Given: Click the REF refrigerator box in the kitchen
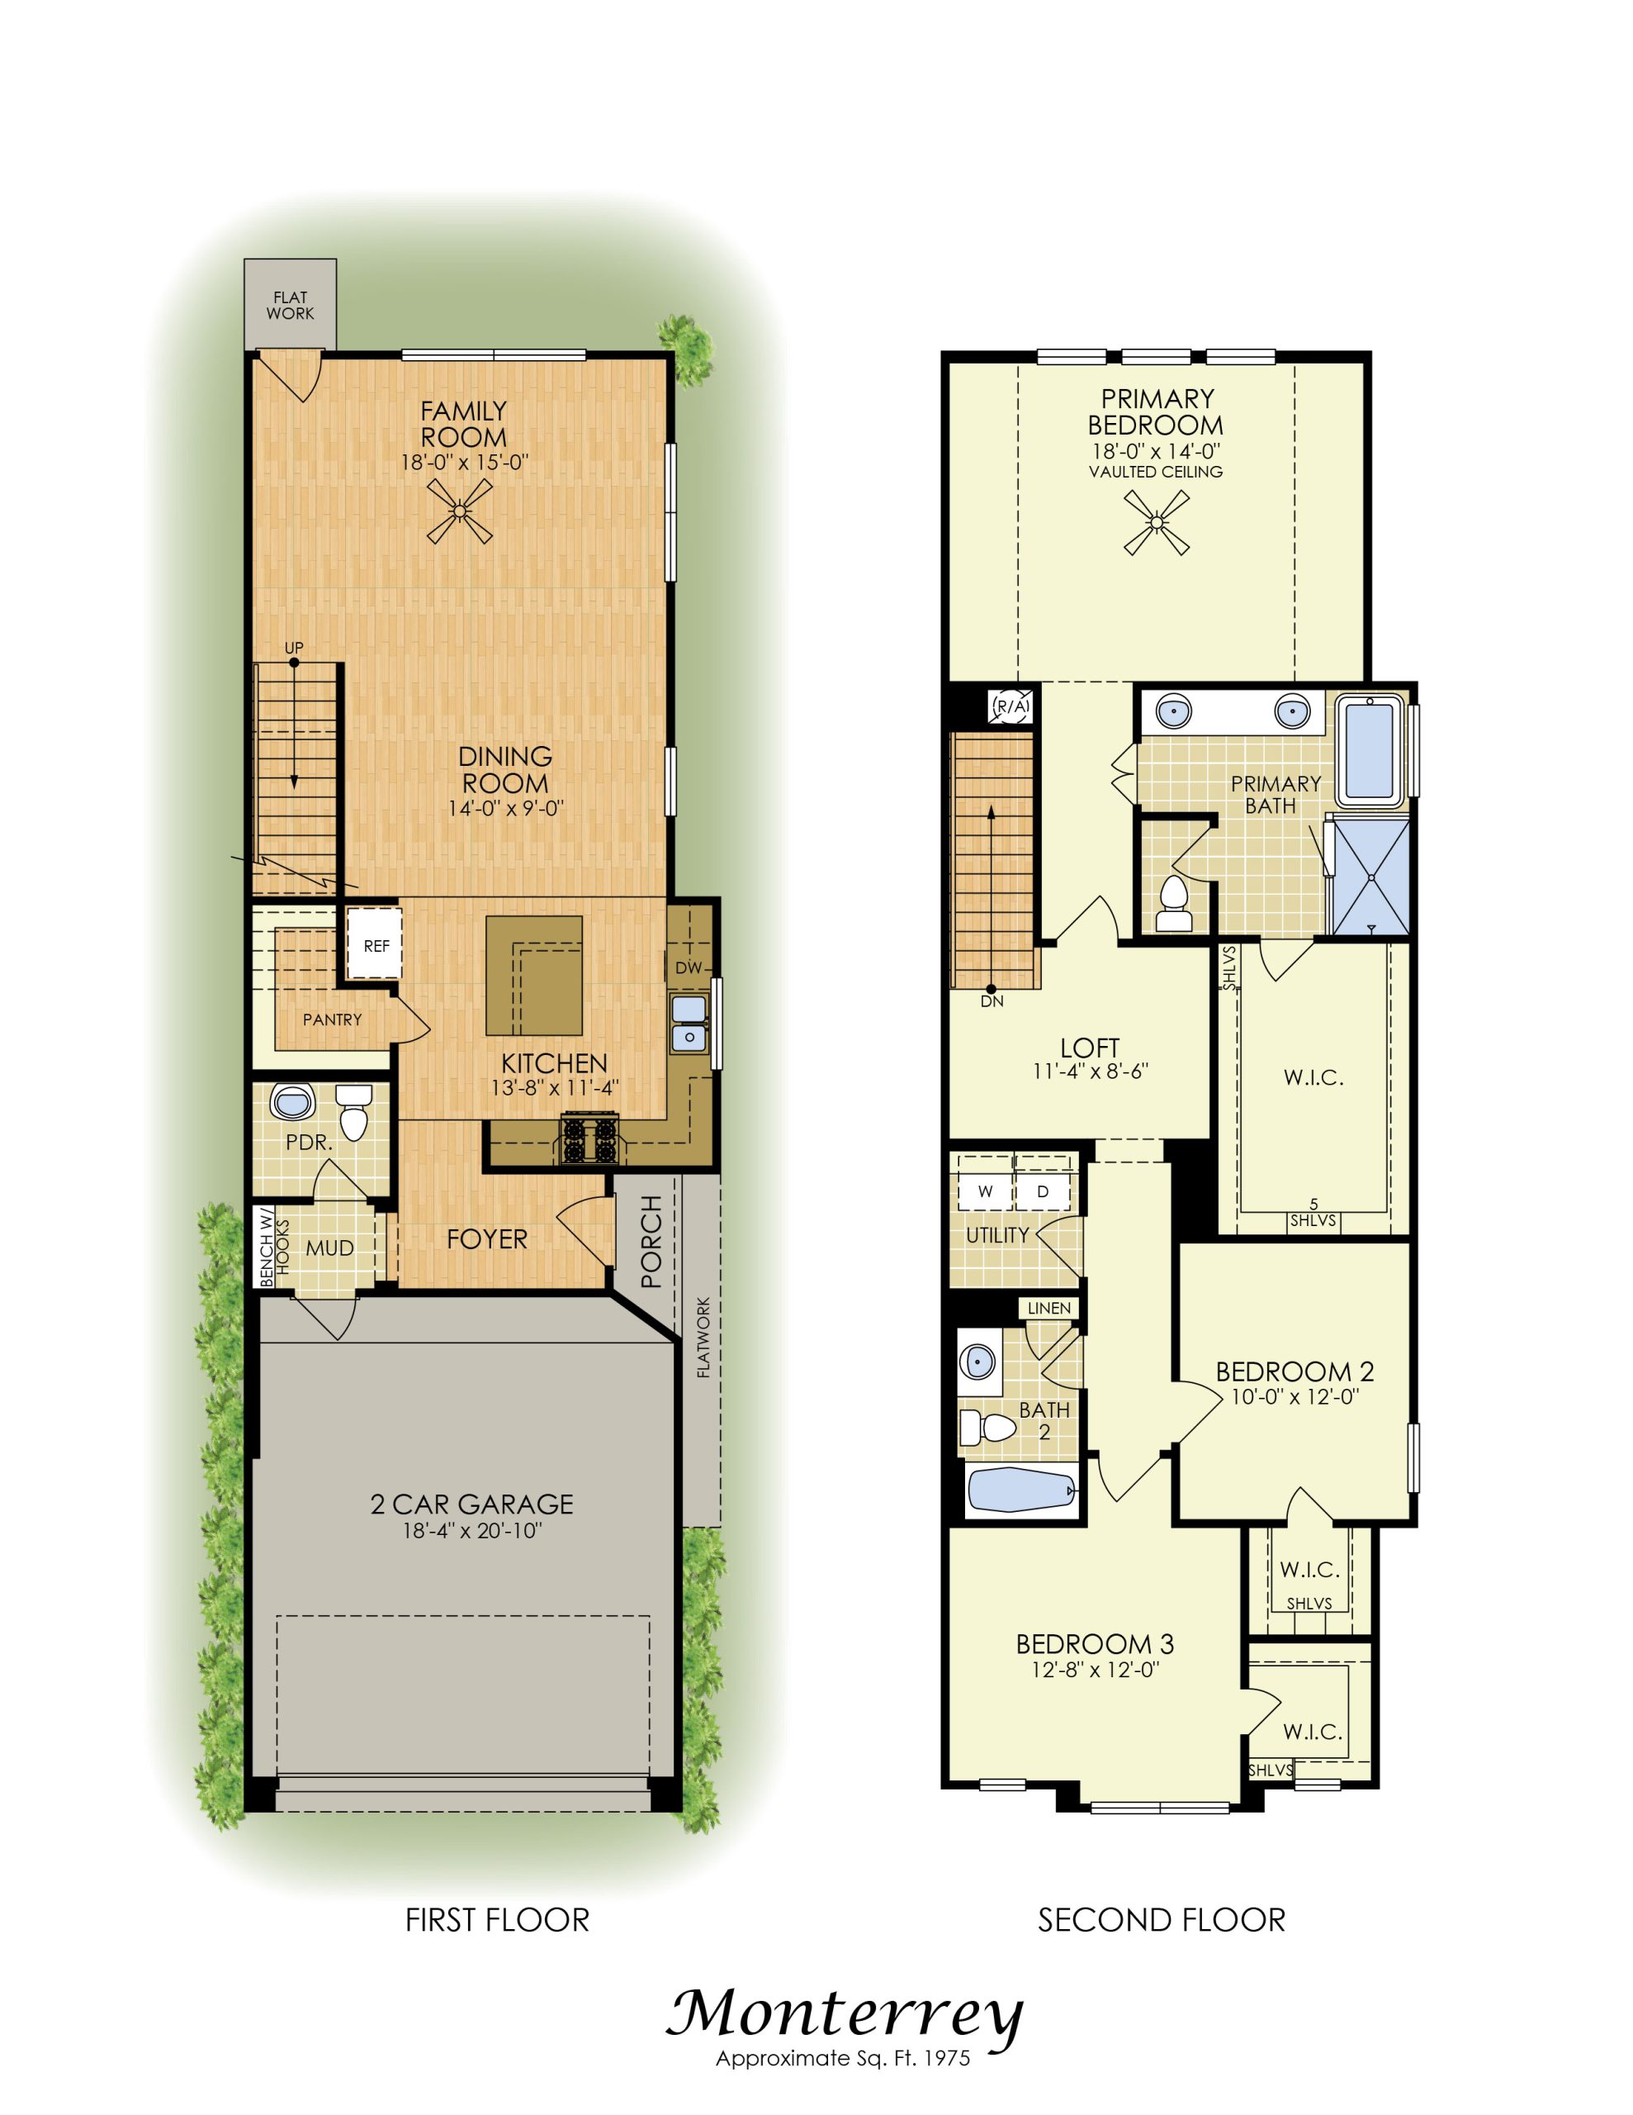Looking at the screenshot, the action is pyautogui.click(x=375, y=944).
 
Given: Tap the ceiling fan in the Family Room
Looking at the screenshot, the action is pyautogui.click(x=461, y=511).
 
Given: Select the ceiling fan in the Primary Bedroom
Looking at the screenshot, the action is pyautogui.click(x=1156, y=523).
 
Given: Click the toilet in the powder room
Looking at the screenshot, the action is pyautogui.click(x=354, y=1113).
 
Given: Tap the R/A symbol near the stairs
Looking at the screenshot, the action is pyautogui.click(x=1011, y=707).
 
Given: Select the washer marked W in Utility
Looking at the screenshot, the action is pyautogui.click(x=986, y=1191).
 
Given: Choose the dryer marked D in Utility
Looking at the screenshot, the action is pyautogui.click(x=1043, y=1191).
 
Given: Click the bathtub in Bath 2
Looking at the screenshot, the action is pyautogui.click(x=1022, y=1490).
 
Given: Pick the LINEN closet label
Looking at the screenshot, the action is pyautogui.click(x=1049, y=1309).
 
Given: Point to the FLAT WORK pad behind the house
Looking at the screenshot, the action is pyautogui.click(x=291, y=305).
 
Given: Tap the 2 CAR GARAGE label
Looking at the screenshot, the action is pyautogui.click(x=471, y=1504).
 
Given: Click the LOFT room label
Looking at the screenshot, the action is pyautogui.click(x=1090, y=1048).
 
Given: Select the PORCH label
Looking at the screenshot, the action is pyautogui.click(x=651, y=1241).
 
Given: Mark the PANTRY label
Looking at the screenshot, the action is pyautogui.click(x=332, y=1019).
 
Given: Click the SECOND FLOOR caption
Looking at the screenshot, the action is pyautogui.click(x=1162, y=1920).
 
